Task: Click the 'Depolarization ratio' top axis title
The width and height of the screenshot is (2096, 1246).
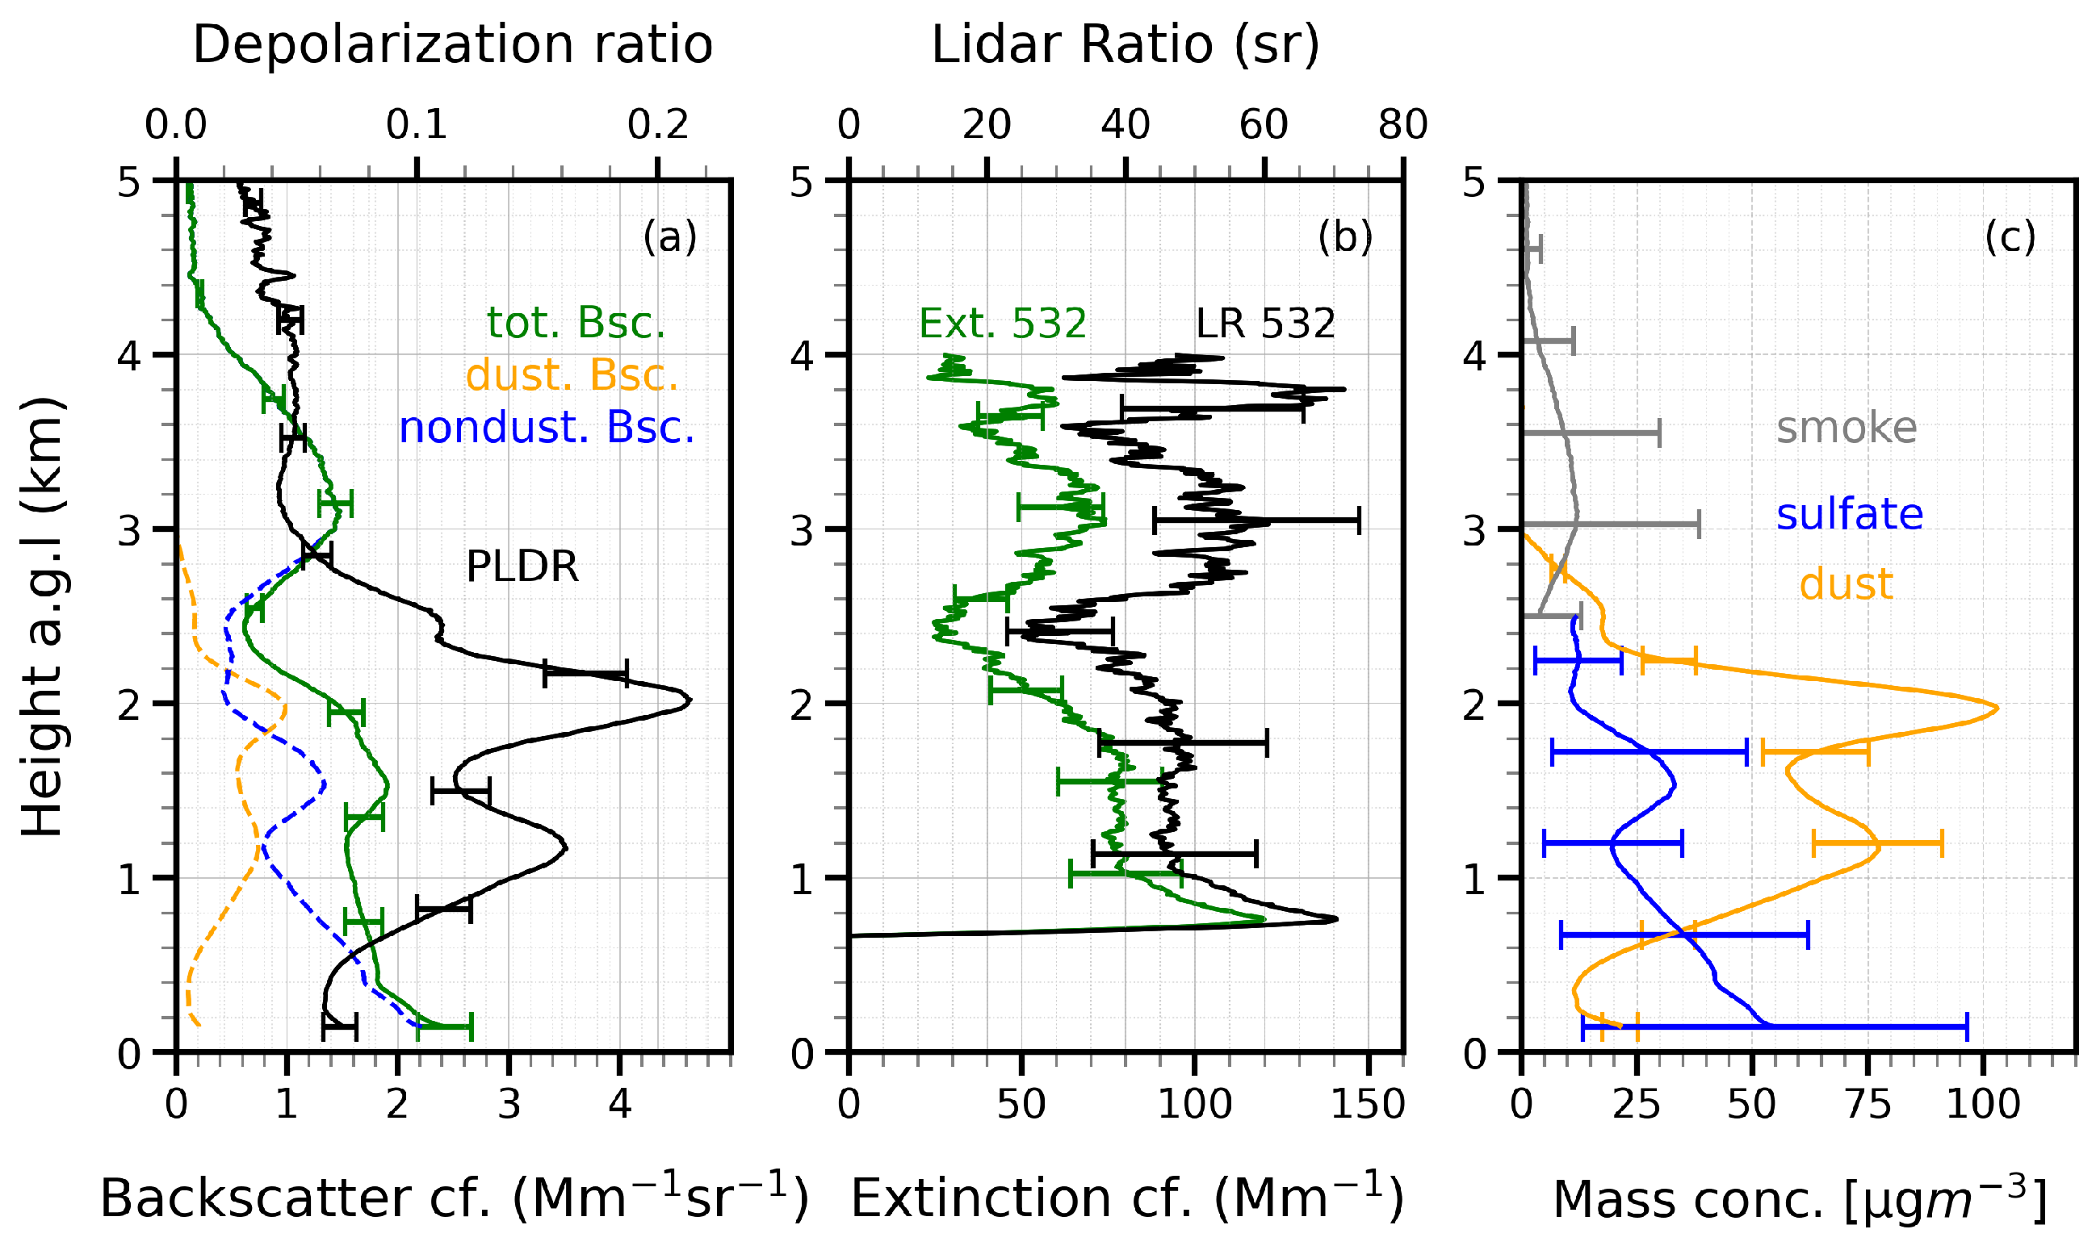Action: pos(453,45)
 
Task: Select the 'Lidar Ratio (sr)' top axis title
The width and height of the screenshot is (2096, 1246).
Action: pos(1125,45)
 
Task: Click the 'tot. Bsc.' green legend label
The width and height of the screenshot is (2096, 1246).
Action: pos(576,324)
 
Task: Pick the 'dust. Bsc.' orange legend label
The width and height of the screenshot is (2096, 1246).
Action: pos(572,375)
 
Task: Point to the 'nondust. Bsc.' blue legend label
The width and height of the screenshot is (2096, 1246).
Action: pos(547,429)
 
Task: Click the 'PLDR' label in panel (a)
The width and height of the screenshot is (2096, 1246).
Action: pos(522,567)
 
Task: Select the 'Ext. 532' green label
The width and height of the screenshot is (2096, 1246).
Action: pos(1002,324)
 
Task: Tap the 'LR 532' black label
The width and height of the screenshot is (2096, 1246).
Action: pos(1265,324)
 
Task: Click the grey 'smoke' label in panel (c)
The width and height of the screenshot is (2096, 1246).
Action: pos(1847,429)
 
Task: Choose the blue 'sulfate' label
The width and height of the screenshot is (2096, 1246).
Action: pos(1849,514)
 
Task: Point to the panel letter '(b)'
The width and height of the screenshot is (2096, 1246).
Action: pos(1344,237)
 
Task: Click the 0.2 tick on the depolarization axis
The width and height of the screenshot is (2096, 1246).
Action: pos(658,126)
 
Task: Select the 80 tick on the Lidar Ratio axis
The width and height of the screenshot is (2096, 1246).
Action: pos(1402,126)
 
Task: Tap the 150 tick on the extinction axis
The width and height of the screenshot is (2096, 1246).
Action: pos(1369,1104)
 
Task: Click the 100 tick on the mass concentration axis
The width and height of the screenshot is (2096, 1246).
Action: pos(1983,1104)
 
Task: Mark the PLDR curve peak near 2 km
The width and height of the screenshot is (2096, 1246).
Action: pos(689,700)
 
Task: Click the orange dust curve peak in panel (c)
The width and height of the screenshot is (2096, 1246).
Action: pos(1997,709)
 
